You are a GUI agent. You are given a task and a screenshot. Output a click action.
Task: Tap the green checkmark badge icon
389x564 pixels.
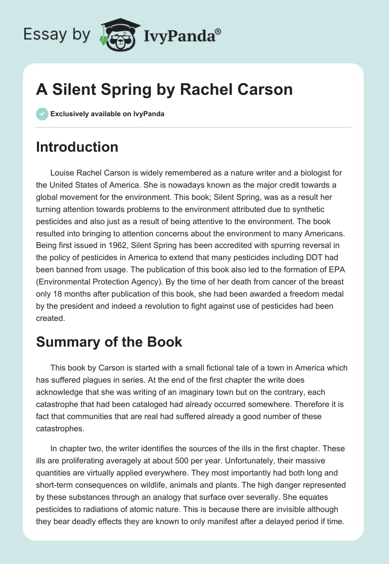[x=42, y=114]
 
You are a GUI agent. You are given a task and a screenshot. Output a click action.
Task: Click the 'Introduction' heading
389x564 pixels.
[x=77, y=147]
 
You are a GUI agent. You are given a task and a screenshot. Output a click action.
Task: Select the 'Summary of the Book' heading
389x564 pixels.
[x=109, y=341]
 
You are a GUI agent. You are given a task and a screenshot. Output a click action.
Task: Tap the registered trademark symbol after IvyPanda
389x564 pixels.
[x=218, y=31]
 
